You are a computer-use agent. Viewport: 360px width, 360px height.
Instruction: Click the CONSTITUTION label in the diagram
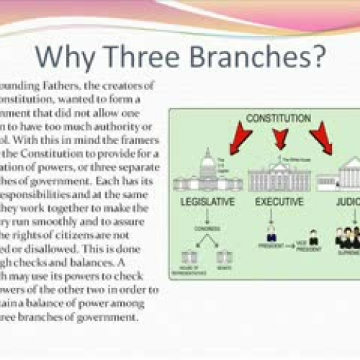(272, 117)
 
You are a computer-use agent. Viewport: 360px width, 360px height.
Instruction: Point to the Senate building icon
(224, 255)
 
